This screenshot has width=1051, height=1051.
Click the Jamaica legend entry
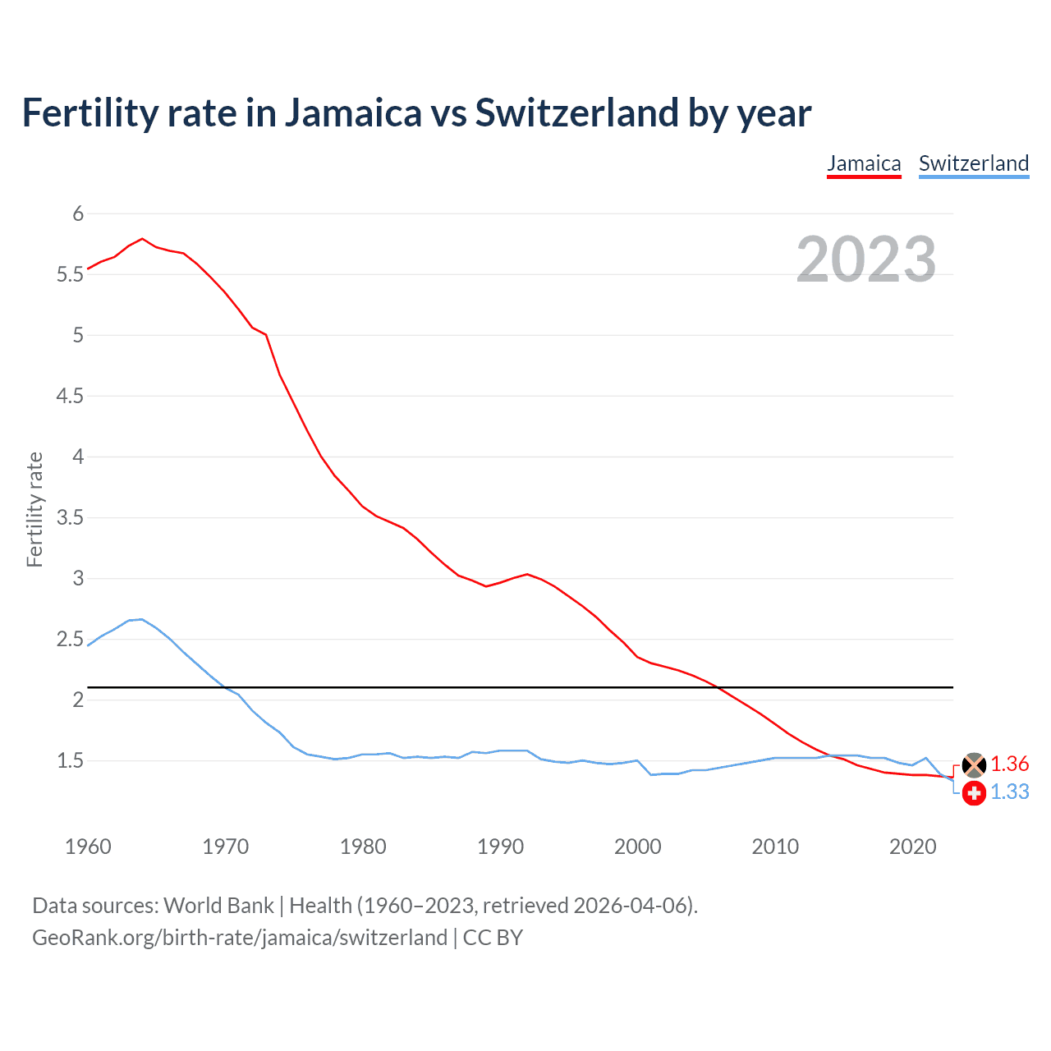[864, 163]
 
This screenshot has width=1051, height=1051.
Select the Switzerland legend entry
[973, 163]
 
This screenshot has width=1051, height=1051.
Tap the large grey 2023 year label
[865, 259]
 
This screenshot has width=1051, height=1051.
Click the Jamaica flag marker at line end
[974, 764]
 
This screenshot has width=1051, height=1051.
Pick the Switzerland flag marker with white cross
[974, 792]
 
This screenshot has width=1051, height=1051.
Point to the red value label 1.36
[1009, 764]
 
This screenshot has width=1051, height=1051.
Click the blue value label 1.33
[1009, 792]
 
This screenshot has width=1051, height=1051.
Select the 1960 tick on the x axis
[88, 847]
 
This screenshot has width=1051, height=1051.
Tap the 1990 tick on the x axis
[500, 847]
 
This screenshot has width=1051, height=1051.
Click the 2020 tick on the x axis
[912, 847]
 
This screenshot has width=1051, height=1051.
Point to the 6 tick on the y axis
[79, 214]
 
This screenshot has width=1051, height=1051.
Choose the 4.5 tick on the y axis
[71, 397]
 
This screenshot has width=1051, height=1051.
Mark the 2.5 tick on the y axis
[71, 640]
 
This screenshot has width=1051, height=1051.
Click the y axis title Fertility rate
[34, 509]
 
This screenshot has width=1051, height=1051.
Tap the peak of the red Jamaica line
[142, 239]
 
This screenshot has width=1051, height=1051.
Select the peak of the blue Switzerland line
[141, 619]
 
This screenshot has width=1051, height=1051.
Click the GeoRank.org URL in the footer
[239, 938]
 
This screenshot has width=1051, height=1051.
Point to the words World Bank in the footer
[218, 906]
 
